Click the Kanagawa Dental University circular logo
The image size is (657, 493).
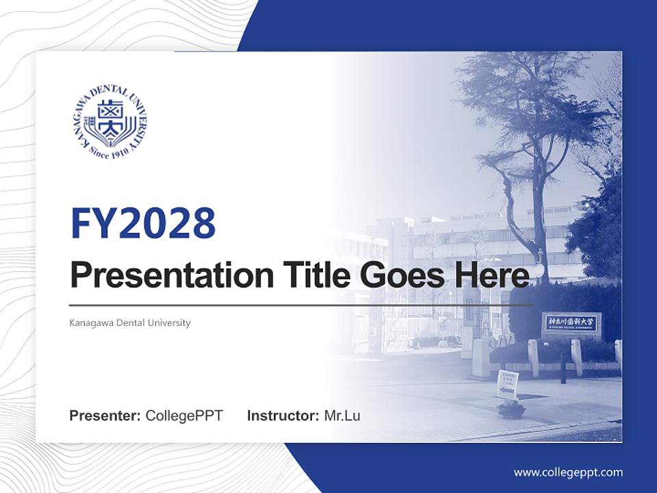(110, 123)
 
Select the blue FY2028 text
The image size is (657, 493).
(143, 223)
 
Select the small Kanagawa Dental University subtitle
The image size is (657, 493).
(130, 323)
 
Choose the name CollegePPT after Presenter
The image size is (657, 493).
(184, 416)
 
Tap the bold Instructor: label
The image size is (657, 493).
(283, 416)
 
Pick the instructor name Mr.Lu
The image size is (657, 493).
(342, 416)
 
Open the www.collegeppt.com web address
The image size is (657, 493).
(568, 472)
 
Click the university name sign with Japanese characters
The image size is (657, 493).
(571, 322)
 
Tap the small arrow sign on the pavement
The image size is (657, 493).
(507, 385)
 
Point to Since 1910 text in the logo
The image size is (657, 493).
(109, 151)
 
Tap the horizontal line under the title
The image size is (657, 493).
(301, 305)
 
